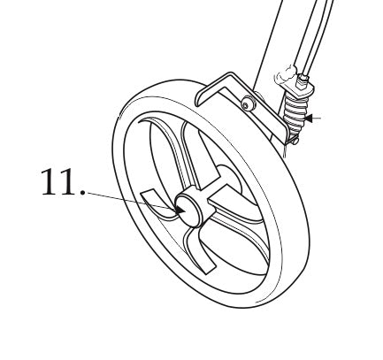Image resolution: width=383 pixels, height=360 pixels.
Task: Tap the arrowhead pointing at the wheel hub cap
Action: (x=180, y=210)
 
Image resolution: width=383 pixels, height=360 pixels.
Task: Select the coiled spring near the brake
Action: (x=295, y=114)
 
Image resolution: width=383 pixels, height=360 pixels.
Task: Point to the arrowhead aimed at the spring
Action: (x=309, y=119)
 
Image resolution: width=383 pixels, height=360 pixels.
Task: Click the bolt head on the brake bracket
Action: (x=249, y=103)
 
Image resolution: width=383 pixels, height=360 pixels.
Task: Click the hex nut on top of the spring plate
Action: (x=303, y=80)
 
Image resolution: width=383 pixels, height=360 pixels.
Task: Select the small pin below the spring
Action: (x=295, y=142)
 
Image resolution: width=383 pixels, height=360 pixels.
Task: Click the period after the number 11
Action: (x=82, y=193)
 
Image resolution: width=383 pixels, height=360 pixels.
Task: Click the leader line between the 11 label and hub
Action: (x=130, y=200)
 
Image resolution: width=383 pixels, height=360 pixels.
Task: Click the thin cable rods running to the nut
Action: (x=317, y=37)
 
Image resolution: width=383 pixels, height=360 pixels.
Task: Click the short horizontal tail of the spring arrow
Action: (x=317, y=119)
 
